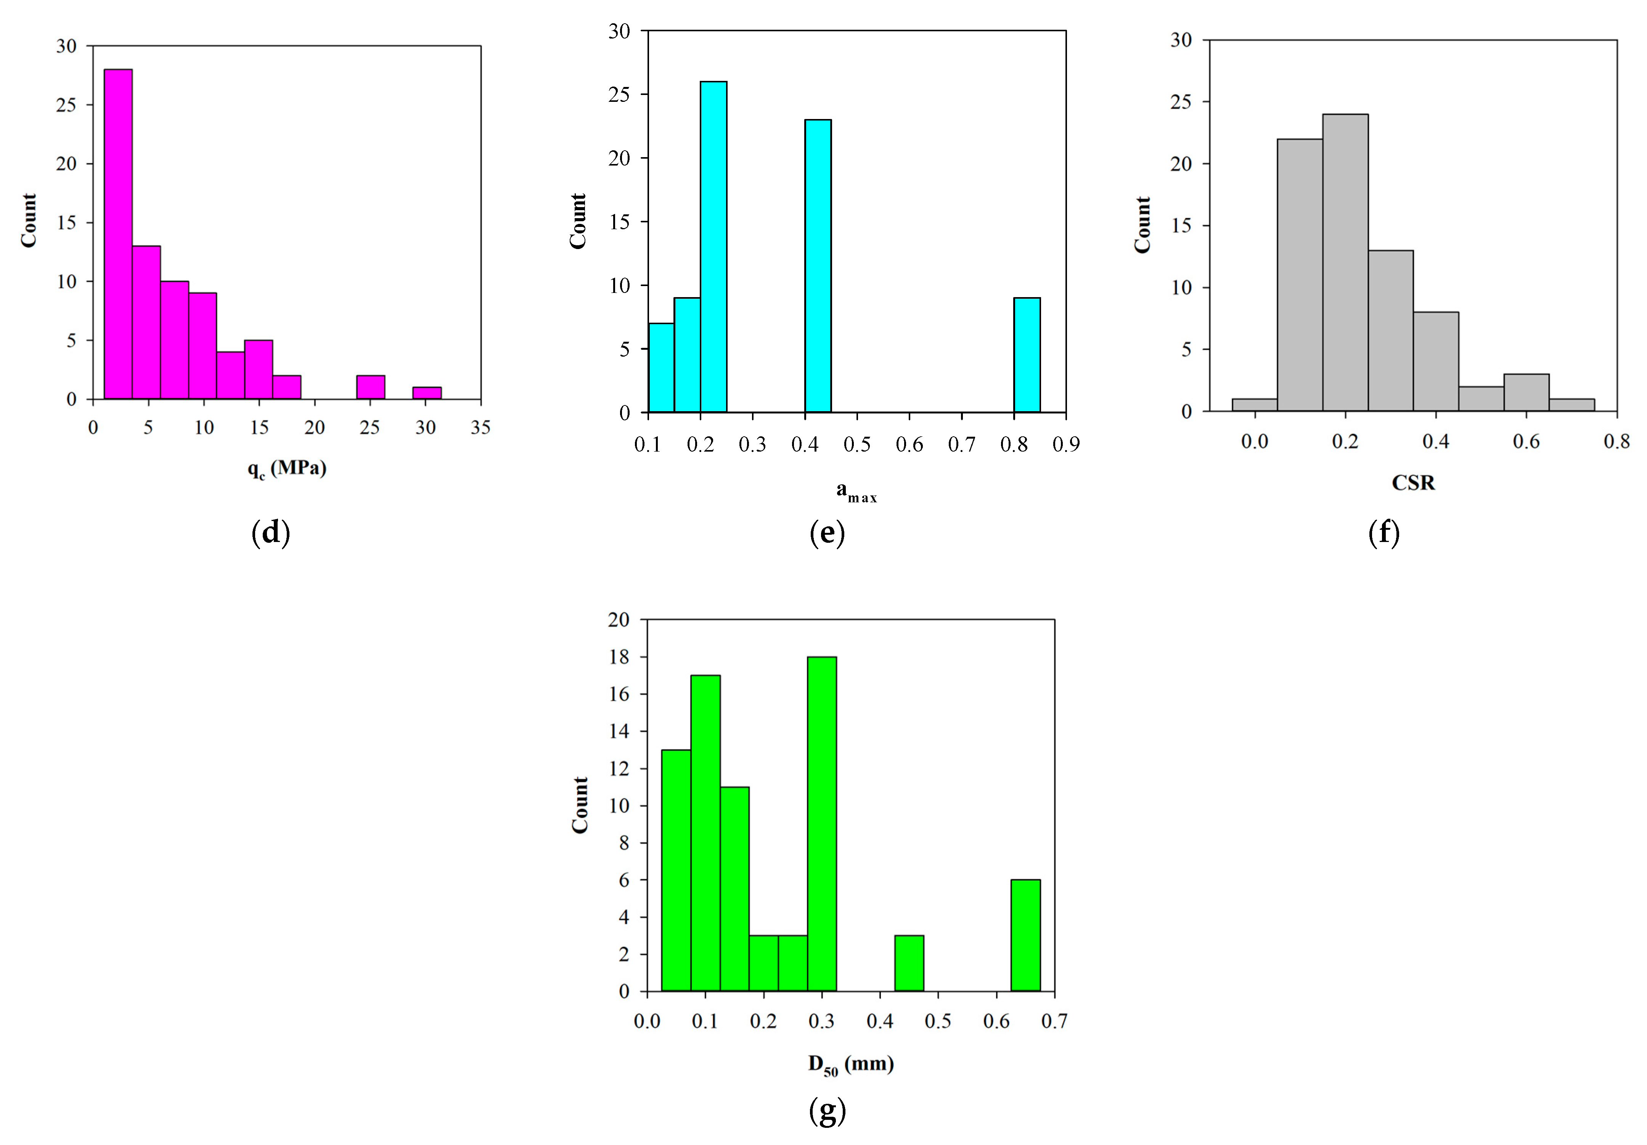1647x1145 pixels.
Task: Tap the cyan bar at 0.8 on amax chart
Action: (1027, 355)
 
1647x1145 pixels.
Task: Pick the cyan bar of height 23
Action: (818, 265)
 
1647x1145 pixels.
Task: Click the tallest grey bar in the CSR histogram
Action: (1345, 262)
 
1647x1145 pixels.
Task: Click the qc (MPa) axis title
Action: (287, 469)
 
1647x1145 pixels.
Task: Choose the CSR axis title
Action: (1413, 483)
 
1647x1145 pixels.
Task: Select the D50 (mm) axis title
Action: (851, 1065)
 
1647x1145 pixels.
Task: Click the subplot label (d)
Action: (270, 533)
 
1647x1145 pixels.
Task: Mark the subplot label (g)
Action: (827, 1111)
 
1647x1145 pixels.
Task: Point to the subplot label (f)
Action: (1384, 533)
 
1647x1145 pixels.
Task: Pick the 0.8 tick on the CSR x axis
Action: (1616, 441)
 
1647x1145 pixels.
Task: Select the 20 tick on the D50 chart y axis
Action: (619, 620)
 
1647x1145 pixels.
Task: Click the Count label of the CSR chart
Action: (1142, 225)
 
